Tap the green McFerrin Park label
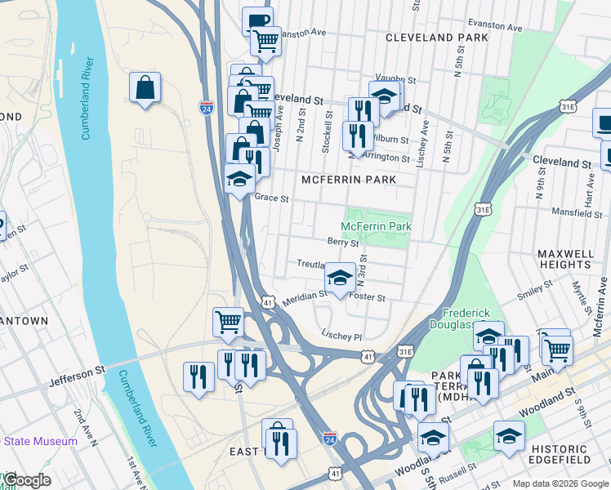(x=376, y=226)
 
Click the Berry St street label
(x=343, y=243)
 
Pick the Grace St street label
(x=272, y=198)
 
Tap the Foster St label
(x=367, y=298)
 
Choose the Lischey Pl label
(x=341, y=336)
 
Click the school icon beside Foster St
(x=340, y=278)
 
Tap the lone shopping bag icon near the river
(x=145, y=87)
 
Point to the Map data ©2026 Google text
(x=559, y=483)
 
